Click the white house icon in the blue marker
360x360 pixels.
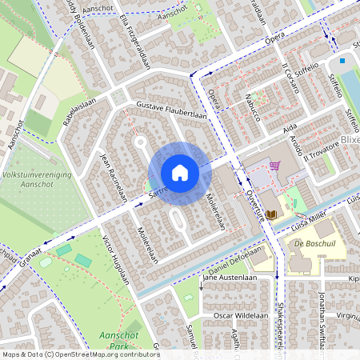(x=179, y=173)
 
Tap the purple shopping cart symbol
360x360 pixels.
(x=275, y=166)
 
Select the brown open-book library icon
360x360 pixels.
(x=271, y=214)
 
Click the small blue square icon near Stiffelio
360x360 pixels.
(x=342, y=60)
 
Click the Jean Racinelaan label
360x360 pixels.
(x=112, y=178)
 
